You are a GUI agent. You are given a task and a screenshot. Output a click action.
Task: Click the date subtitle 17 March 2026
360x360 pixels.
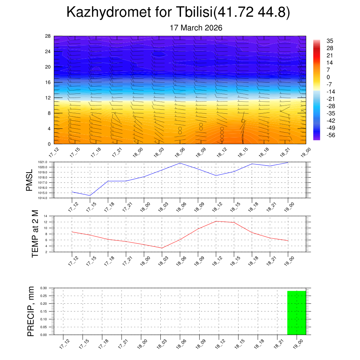[196, 28]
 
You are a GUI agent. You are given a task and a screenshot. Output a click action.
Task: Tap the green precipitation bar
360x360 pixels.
[296, 313]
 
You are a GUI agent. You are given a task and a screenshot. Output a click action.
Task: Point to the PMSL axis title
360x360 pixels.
[31, 180]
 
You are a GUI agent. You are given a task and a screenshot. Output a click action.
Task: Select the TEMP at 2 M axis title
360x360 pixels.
[35, 233]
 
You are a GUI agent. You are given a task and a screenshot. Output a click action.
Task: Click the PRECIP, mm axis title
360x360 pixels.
[31, 311]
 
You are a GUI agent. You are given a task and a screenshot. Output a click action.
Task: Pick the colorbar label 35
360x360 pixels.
[329, 41]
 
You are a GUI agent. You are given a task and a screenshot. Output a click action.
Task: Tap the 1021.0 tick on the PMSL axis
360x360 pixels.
[43, 162]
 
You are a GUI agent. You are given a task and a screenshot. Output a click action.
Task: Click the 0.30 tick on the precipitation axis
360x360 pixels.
[44, 288]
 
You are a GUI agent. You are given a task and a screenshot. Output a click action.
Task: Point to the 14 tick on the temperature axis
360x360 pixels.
[46, 216]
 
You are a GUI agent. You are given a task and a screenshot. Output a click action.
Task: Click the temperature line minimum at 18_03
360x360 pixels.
[162, 248]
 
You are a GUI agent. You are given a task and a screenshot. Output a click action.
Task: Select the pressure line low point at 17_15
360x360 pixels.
[90, 195]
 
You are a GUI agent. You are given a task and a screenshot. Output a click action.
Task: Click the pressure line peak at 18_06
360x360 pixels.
[180, 163]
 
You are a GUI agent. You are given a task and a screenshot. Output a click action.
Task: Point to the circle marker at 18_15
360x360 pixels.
[243, 121]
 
